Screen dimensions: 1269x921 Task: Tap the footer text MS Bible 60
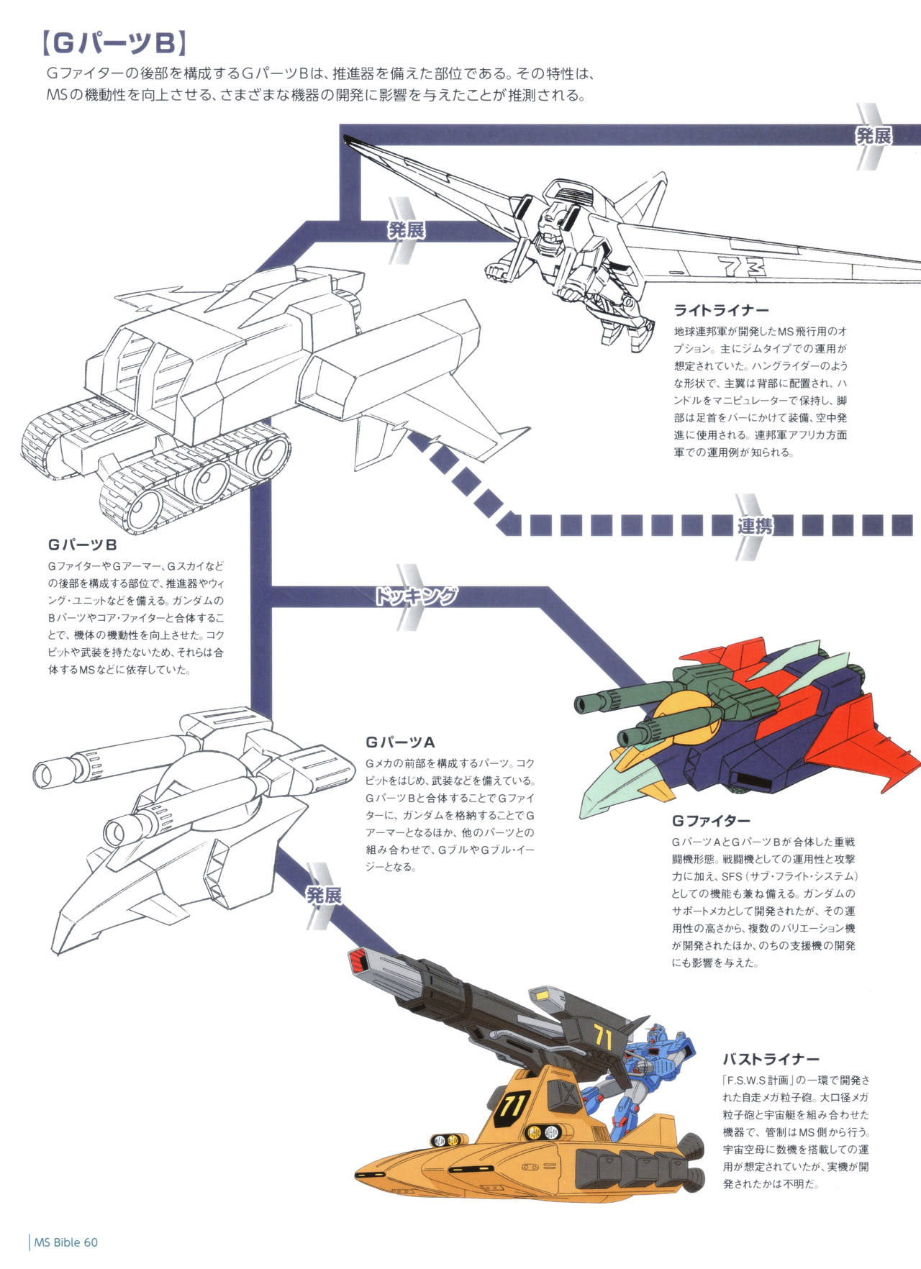coord(65,1242)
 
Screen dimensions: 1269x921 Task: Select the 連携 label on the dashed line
coord(755,526)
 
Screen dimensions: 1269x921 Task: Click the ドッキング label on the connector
coord(416,596)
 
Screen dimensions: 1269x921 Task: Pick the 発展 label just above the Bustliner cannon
coord(324,896)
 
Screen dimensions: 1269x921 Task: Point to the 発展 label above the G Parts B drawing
coord(407,230)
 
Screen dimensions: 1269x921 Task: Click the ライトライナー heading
coord(721,311)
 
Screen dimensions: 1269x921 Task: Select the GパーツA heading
coord(400,742)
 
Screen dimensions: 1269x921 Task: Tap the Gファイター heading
coord(711,821)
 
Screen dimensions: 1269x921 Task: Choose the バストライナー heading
coord(771,1060)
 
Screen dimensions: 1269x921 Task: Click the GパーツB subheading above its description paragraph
coord(83,545)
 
